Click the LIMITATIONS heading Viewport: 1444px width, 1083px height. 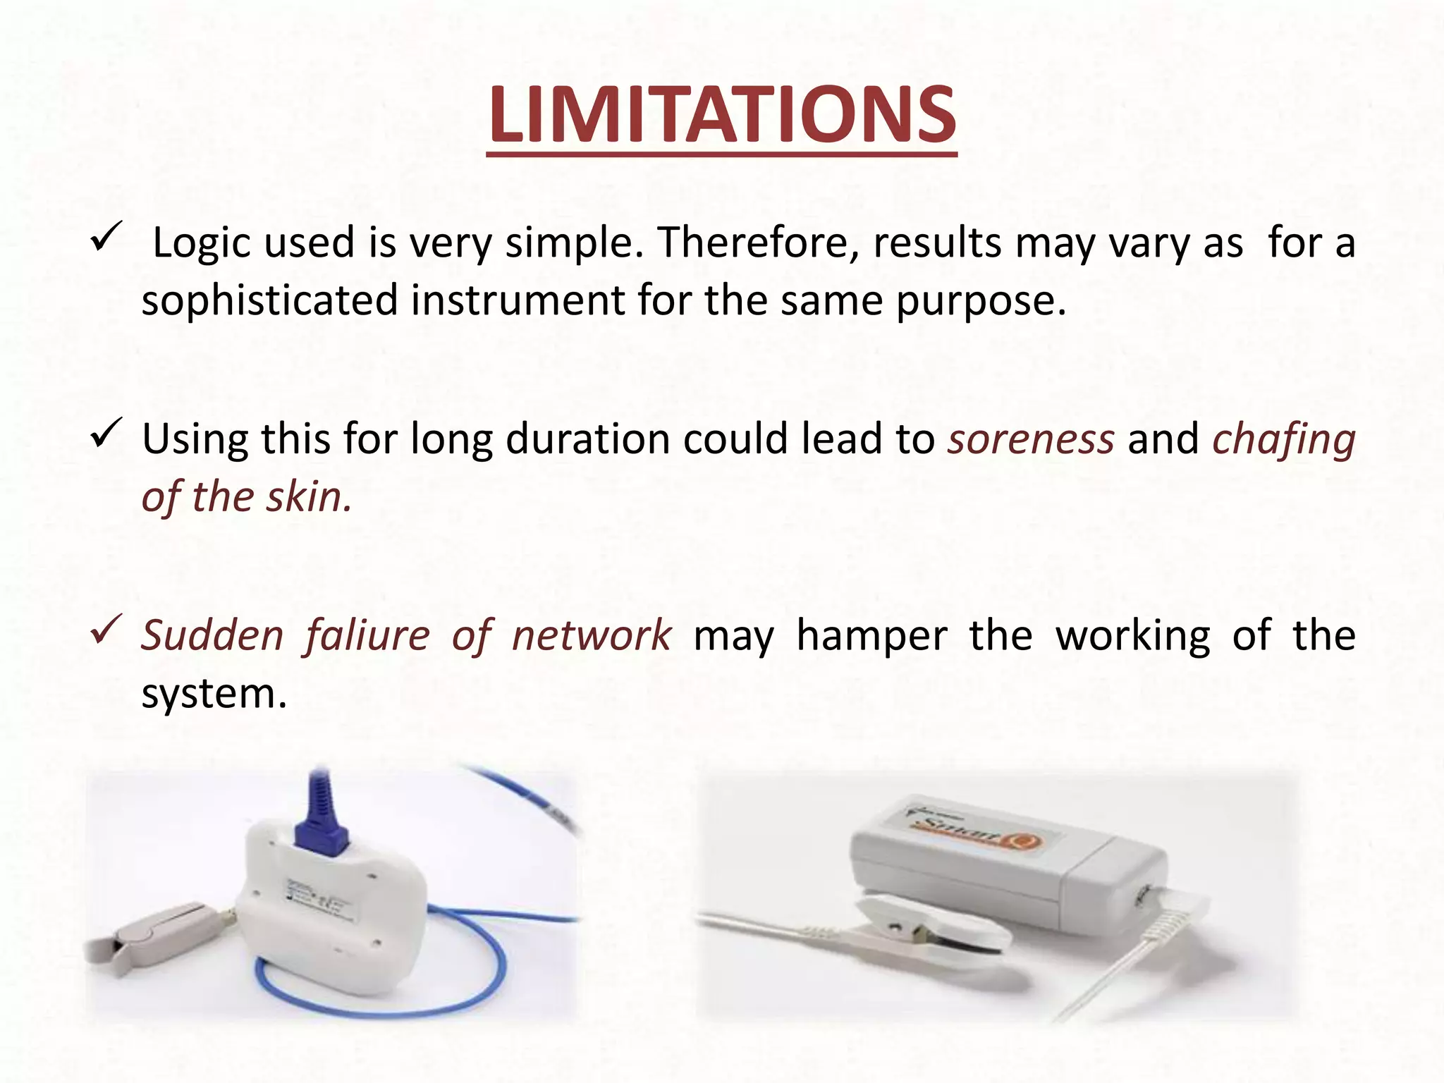pyautogui.click(x=721, y=115)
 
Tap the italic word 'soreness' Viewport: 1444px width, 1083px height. pyautogui.click(x=1031, y=439)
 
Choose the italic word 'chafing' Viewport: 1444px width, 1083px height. pyautogui.click(x=1283, y=439)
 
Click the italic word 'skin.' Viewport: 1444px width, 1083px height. pyautogui.click(x=309, y=497)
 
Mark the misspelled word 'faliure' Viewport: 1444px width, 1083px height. pyautogui.click(x=367, y=635)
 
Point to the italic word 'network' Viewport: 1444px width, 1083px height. pyautogui.click(x=592, y=635)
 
